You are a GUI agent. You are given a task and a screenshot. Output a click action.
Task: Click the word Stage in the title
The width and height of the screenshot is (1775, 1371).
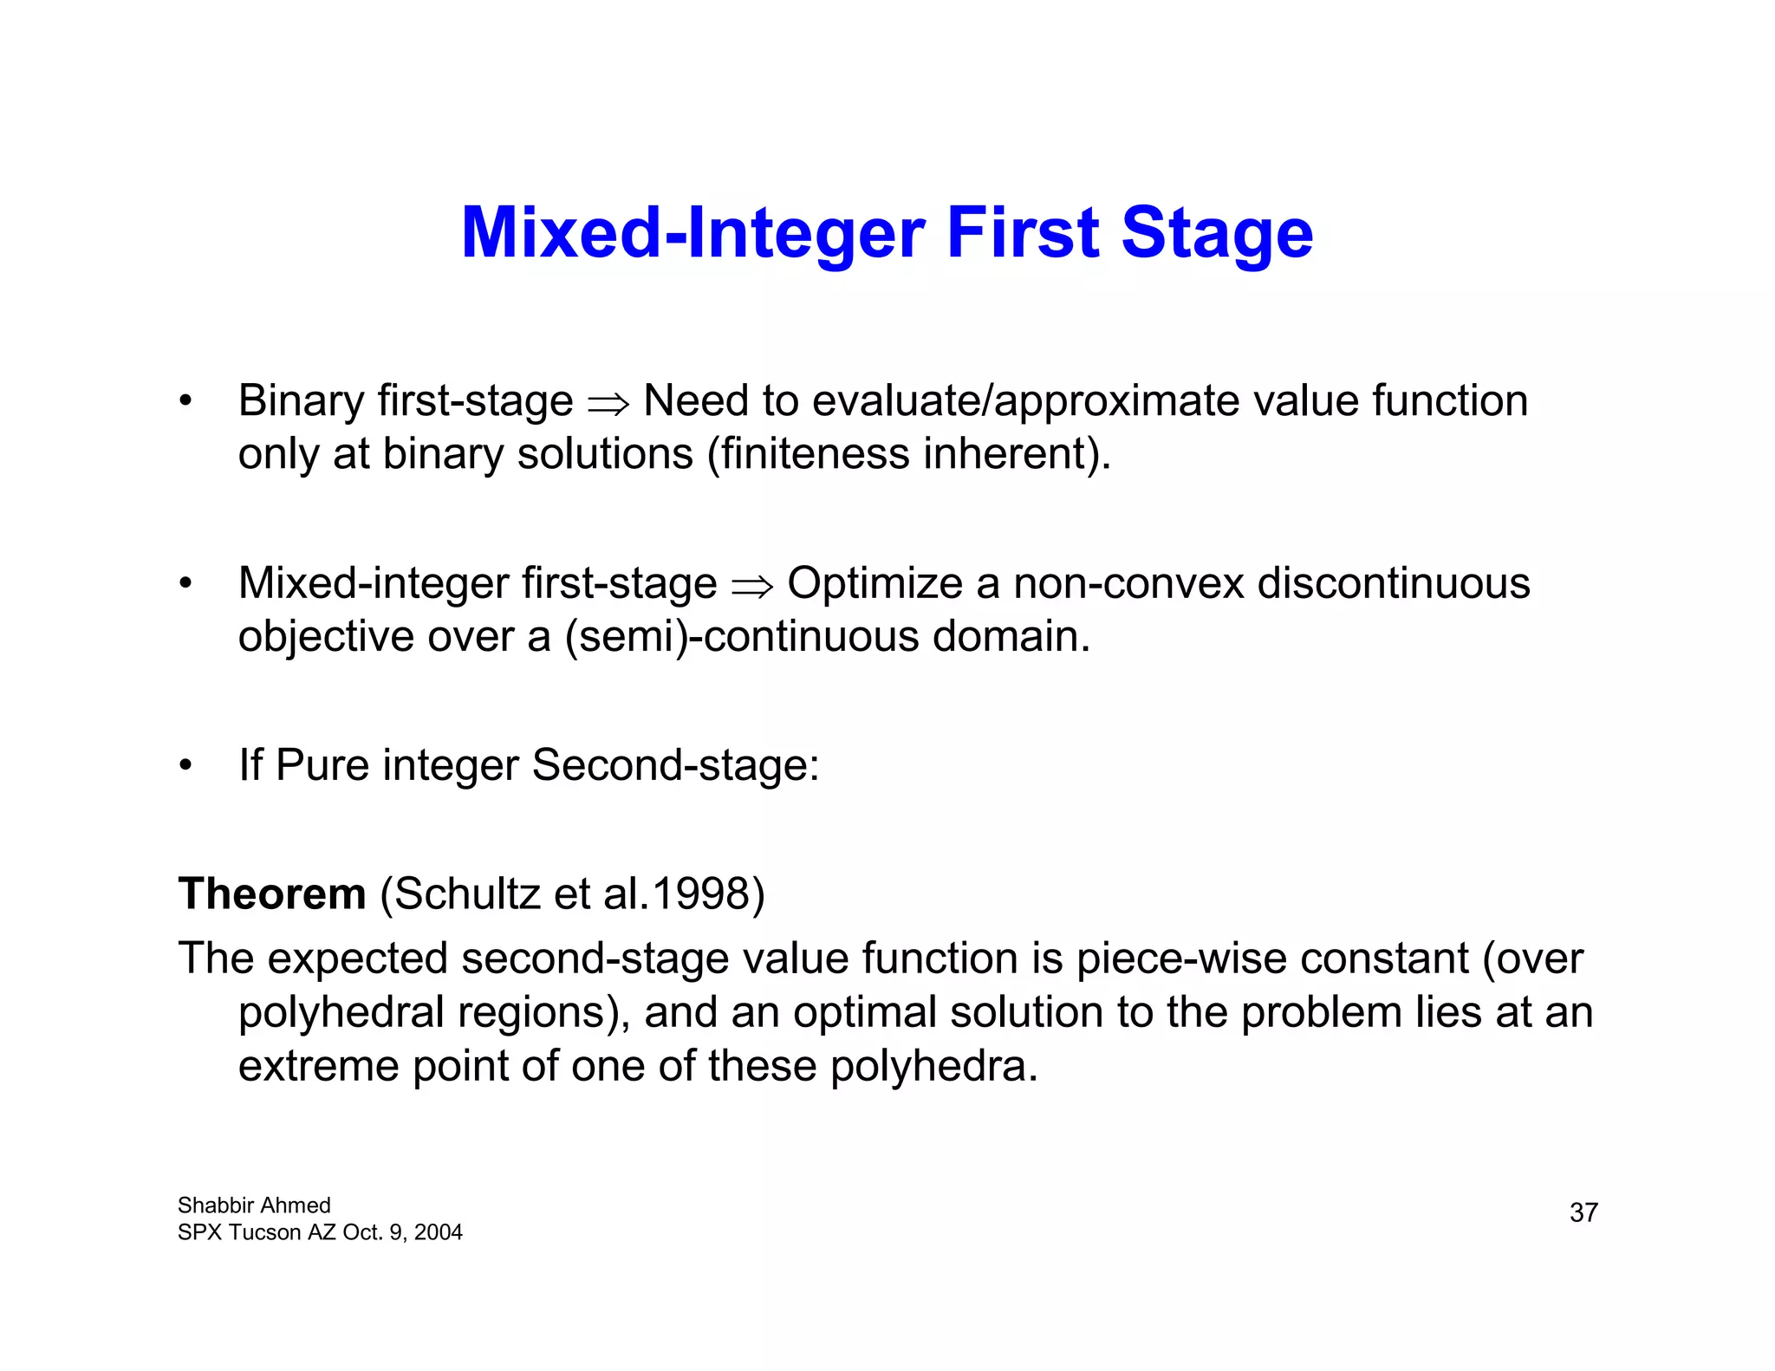[x=1217, y=234]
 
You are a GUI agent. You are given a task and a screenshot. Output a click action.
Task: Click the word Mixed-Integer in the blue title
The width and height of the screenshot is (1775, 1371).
[x=692, y=234]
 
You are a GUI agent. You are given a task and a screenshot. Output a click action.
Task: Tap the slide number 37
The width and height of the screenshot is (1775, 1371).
[x=1583, y=1212]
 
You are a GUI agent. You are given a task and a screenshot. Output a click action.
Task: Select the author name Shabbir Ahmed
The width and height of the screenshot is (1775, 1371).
[x=254, y=1205]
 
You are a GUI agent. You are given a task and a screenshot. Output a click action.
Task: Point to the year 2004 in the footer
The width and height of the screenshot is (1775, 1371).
[x=438, y=1232]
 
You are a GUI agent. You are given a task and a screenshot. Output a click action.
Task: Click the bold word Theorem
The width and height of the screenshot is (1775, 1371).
[x=272, y=893]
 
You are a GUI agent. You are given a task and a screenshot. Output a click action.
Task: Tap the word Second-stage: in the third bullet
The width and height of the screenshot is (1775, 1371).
[x=675, y=765]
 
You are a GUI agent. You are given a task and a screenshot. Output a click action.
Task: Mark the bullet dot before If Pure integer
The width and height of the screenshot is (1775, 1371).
[x=185, y=766]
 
